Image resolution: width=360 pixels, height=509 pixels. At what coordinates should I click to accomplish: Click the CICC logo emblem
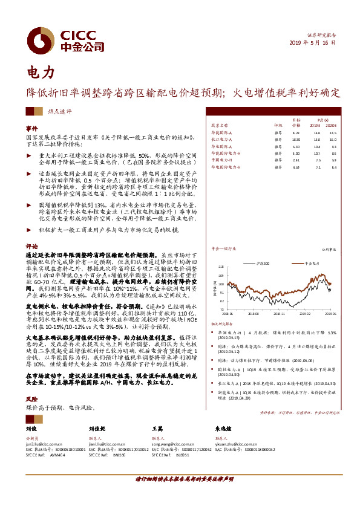[43, 41]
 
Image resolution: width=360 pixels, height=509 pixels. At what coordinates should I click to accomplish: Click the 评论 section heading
[31, 247]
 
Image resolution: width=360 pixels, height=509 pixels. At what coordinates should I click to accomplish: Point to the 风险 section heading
[31, 400]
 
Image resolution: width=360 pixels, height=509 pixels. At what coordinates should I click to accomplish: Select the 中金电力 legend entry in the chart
[310, 264]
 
